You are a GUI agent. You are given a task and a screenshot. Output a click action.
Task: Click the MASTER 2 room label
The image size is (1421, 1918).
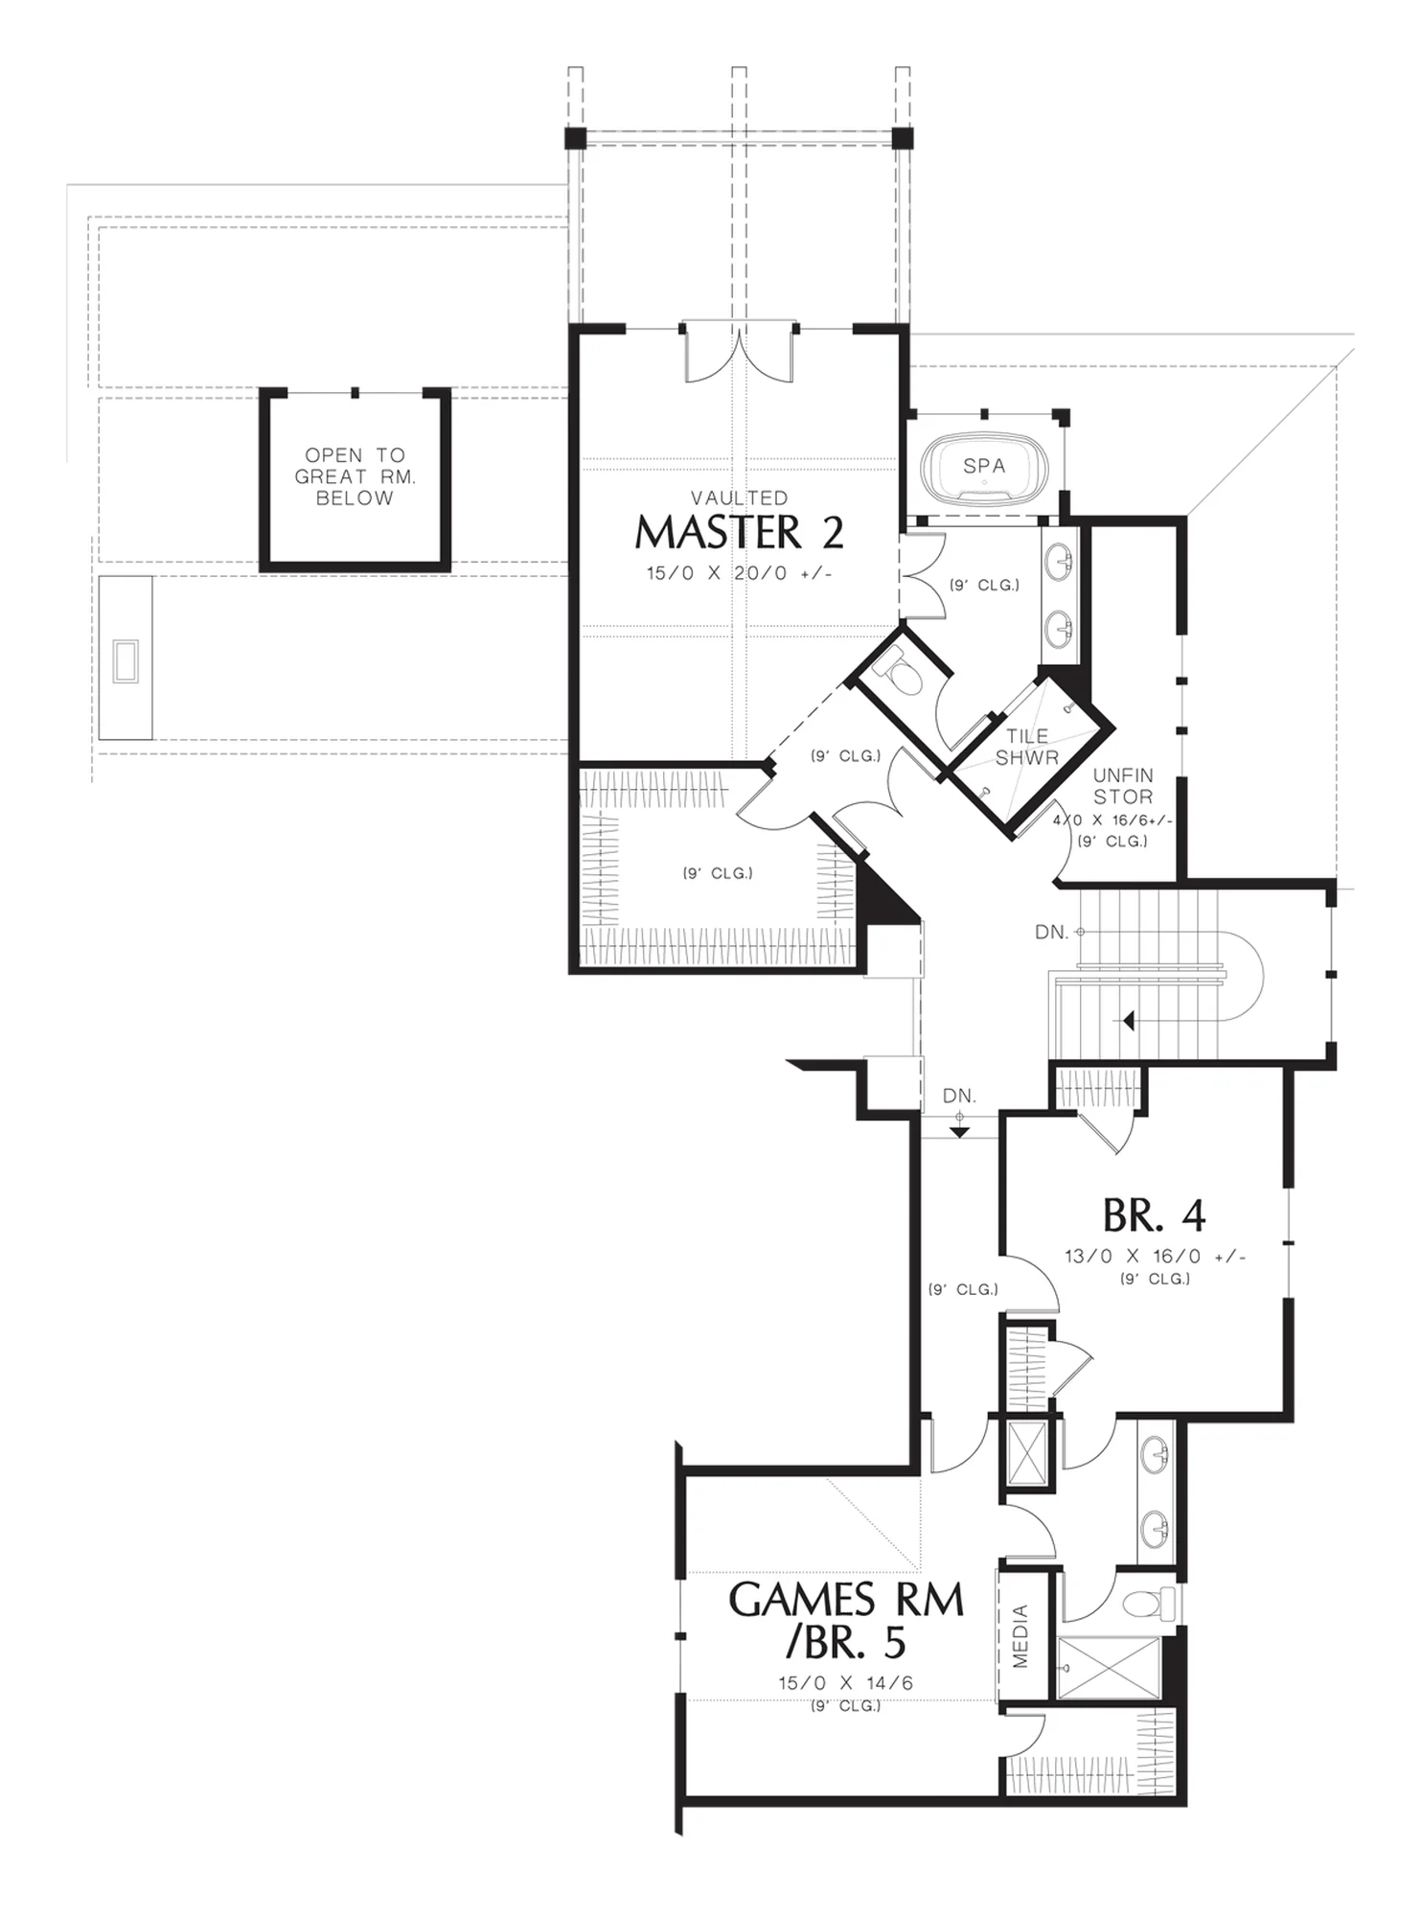[739, 532]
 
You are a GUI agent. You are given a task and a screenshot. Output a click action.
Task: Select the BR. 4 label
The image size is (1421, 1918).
[1154, 1215]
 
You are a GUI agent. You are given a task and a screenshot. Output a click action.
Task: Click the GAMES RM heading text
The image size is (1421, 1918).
[846, 1600]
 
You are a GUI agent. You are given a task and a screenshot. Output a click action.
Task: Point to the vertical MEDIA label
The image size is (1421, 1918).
[1020, 1635]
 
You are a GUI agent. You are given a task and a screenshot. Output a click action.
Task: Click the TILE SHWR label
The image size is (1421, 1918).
[1026, 747]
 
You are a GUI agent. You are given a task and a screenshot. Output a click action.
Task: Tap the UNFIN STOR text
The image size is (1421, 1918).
[1123, 786]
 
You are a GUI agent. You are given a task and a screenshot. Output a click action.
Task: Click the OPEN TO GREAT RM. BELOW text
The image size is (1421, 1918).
[355, 476]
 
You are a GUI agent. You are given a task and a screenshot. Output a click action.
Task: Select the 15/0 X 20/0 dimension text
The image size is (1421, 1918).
[739, 573]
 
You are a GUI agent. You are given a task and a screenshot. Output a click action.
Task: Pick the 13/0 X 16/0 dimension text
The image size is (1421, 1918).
[1155, 1256]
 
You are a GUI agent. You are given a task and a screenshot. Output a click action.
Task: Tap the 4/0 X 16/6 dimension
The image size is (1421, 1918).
[1112, 820]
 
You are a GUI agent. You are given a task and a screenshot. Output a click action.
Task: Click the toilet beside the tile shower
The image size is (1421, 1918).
[903, 673]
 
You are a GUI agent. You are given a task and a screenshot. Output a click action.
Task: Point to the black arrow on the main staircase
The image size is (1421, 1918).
[1129, 1020]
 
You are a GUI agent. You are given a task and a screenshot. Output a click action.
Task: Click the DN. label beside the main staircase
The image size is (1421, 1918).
[1051, 932]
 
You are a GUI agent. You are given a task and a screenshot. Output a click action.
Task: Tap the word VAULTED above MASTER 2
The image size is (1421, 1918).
[740, 497]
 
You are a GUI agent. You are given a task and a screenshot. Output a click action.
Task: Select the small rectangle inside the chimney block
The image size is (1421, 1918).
[126, 661]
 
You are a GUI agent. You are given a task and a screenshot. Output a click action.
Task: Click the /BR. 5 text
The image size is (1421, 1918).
[845, 1643]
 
